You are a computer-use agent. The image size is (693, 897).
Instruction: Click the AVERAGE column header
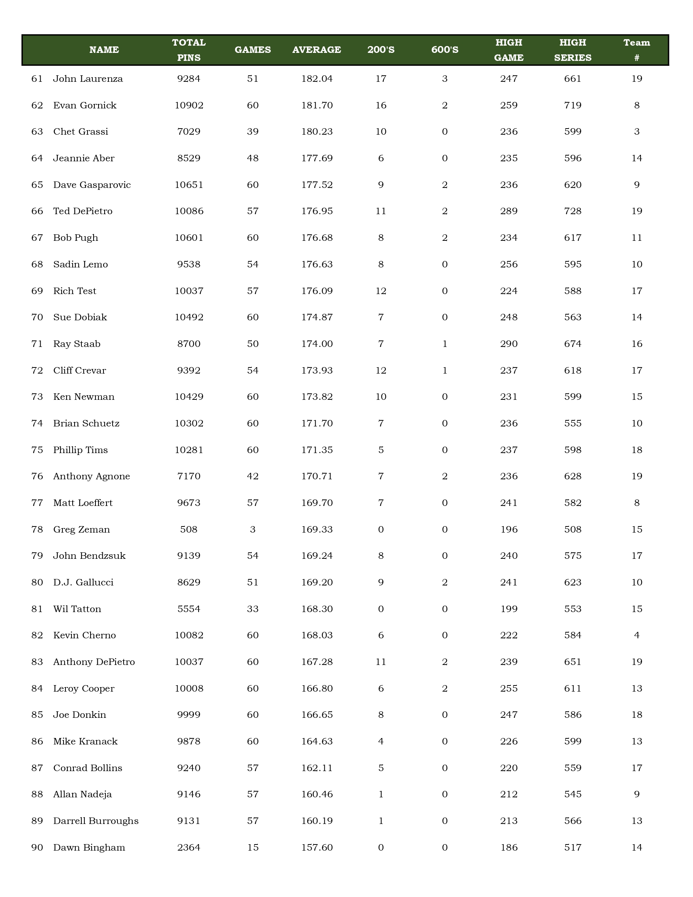316,50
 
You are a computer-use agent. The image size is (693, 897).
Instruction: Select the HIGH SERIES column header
573,50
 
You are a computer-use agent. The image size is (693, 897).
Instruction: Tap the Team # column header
636,50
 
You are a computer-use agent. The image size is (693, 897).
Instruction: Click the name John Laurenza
88,79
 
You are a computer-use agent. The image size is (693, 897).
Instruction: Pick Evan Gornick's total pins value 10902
189,105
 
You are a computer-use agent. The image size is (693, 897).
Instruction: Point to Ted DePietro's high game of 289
509,211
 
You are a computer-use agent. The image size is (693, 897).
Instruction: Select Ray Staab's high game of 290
509,344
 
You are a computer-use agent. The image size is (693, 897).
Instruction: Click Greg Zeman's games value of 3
253,530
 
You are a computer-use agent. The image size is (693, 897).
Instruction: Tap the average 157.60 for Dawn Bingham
316,847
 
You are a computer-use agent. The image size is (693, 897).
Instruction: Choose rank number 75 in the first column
37,450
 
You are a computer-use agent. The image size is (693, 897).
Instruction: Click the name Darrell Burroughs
95,821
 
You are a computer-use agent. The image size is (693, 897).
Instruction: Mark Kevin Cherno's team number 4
636,635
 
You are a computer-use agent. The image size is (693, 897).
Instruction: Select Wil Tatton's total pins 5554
189,609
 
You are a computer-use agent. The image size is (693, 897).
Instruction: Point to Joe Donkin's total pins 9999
189,715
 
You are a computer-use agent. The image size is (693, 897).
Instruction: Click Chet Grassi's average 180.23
316,132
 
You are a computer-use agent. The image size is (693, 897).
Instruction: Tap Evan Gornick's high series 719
573,105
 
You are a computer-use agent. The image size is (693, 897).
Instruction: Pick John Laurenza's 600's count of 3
445,79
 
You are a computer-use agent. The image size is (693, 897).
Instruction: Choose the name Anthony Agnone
92,476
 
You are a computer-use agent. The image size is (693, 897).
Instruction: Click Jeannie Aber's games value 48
253,159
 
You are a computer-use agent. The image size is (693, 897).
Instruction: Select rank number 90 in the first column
37,847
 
